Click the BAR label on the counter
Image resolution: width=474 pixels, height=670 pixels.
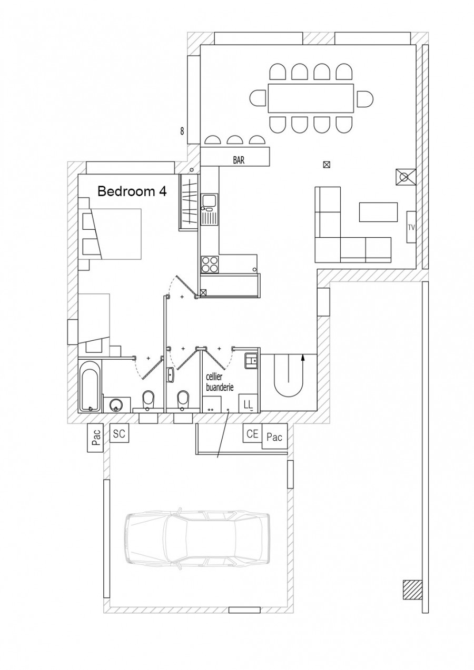coord(239,160)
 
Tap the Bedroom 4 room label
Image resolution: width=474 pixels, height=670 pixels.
coord(132,191)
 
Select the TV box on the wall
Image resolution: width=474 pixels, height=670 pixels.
coord(411,227)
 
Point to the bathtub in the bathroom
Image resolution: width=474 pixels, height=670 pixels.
coord(90,386)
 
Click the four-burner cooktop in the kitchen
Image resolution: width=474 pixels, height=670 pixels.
coord(210,265)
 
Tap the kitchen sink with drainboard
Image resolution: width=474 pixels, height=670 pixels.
coord(209,209)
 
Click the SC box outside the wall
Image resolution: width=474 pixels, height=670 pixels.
coord(119,433)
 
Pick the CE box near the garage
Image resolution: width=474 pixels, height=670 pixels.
coord(252,433)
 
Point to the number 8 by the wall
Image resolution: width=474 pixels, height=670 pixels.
coord(182,131)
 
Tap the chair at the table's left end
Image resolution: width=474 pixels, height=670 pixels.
coord(258,98)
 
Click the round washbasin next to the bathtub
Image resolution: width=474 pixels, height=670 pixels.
coord(116,405)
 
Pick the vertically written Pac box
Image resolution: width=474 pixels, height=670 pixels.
coord(95,438)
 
